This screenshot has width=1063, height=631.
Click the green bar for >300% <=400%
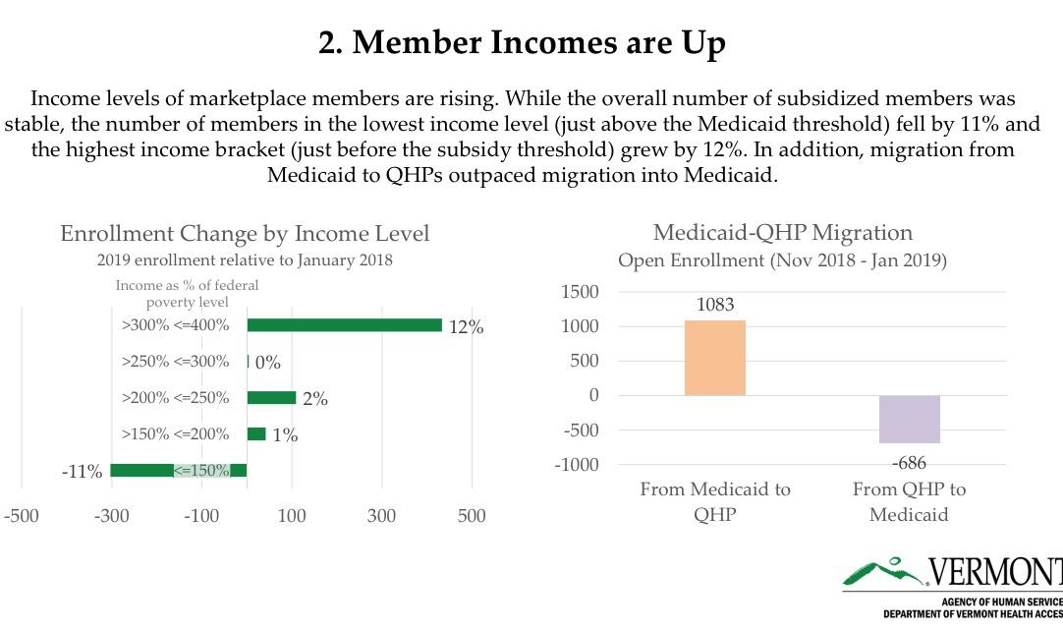[x=344, y=325]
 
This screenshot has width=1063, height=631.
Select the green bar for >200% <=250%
[x=271, y=398]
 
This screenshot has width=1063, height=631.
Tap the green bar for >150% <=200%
[x=256, y=434]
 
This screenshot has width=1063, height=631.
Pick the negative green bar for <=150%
[x=142, y=470]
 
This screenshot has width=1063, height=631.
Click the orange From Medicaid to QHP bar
[x=714, y=358]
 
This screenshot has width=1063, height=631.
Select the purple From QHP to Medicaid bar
[x=909, y=420]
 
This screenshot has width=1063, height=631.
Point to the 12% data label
[x=466, y=327]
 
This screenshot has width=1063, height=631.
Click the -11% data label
[x=82, y=472]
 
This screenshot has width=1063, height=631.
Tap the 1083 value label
[x=715, y=305]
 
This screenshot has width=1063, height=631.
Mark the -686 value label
[x=909, y=463]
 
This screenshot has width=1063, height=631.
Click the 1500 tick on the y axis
[x=580, y=292]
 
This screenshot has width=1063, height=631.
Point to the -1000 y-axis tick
[x=576, y=465]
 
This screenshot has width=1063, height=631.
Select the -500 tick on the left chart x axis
[x=22, y=516]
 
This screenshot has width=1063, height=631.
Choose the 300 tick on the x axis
[x=381, y=516]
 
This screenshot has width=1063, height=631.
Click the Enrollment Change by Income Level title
[x=245, y=234]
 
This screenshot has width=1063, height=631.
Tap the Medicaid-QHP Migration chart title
[x=782, y=233]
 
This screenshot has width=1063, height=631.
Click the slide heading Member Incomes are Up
[x=522, y=42]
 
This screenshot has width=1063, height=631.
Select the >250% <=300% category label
[x=175, y=362]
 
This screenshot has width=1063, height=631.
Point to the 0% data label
[x=267, y=363]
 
